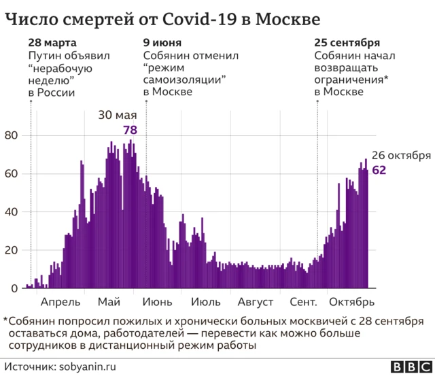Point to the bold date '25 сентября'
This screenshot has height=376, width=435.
point(347,42)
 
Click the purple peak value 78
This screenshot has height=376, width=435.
point(130,129)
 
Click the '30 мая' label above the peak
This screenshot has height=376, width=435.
point(118,115)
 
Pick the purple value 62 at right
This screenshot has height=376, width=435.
point(379,169)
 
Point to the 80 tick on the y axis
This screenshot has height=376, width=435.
point(11,136)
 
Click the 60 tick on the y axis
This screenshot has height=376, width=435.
point(11,174)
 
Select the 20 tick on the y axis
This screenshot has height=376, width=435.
point(11,250)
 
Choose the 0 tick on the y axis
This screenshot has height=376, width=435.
point(14,288)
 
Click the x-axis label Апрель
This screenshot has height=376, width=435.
point(61,302)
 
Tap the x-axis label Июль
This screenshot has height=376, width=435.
point(205,302)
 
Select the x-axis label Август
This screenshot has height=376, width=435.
point(256,302)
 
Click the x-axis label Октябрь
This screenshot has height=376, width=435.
point(351,302)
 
